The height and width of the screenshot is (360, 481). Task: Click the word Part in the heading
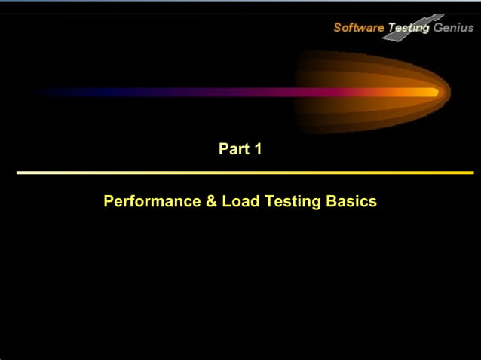click(x=233, y=149)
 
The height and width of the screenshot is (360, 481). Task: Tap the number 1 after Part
click(x=258, y=149)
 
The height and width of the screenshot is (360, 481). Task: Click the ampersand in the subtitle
click(x=211, y=202)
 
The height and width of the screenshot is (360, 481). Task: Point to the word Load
click(x=237, y=202)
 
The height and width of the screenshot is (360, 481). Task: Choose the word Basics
click(x=352, y=202)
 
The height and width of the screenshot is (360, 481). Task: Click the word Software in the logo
click(x=358, y=28)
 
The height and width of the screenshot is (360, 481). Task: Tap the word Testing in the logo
click(x=408, y=28)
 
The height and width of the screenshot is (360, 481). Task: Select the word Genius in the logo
click(x=453, y=28)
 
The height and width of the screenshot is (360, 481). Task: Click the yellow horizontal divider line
click(x=244, y=172)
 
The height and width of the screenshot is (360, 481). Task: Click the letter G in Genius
click(x=437, y=28)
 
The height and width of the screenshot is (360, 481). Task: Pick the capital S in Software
click(x=337, y=28)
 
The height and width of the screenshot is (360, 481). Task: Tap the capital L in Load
click(x=225, y=202)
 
